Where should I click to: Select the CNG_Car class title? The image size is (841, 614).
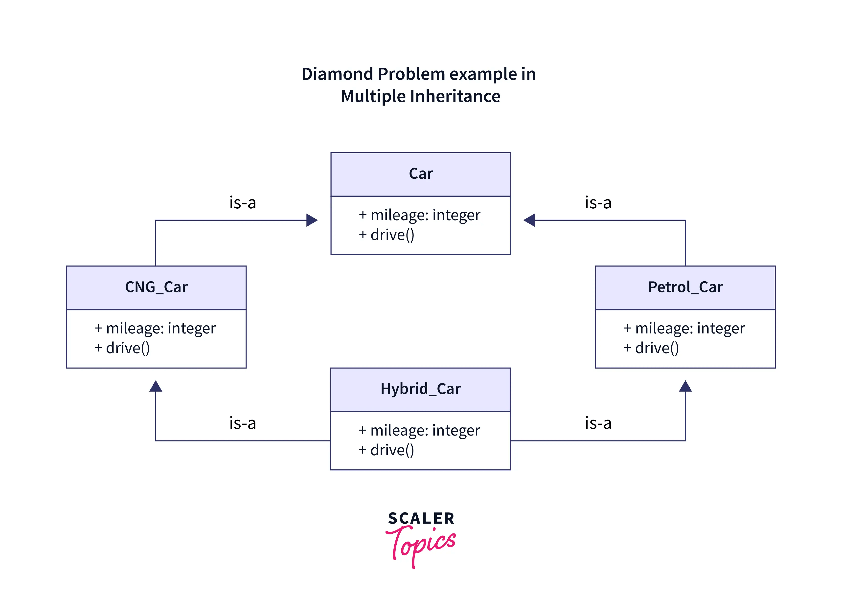tap(156, 287)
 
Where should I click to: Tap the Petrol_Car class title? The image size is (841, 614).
tap(685, 287)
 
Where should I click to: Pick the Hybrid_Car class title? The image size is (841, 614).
tap(420, 389)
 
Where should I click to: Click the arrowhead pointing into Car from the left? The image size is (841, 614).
tap(312, 220)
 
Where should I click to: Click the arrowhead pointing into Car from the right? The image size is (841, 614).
tap(529, 220)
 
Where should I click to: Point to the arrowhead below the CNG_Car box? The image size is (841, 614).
tap(156, 387)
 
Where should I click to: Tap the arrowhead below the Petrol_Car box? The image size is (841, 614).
tap(685, 387)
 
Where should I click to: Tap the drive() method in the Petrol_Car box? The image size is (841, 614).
tap(657, 349)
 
